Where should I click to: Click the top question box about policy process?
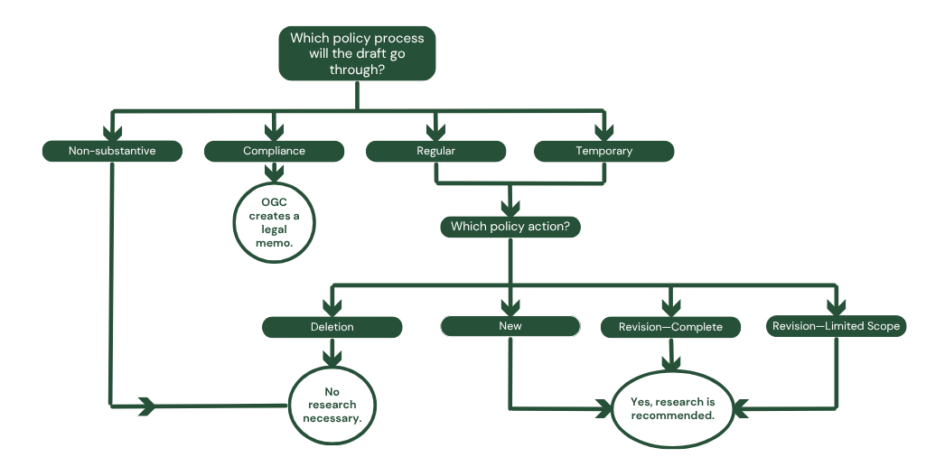click(357, 53)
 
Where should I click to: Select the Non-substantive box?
click(112, 151)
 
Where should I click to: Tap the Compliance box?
click(274, 151)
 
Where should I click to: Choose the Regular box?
click(435, 151)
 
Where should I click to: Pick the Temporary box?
click(603, 151)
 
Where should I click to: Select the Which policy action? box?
click(510, 226)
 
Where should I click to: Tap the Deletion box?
click(332, 326)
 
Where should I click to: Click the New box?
click(510, 326)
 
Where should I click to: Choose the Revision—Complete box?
click(670, 326)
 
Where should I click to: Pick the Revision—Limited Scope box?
click(836, 326)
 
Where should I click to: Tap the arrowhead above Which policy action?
click(510, 206)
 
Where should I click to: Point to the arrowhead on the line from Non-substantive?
click(147, 406)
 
